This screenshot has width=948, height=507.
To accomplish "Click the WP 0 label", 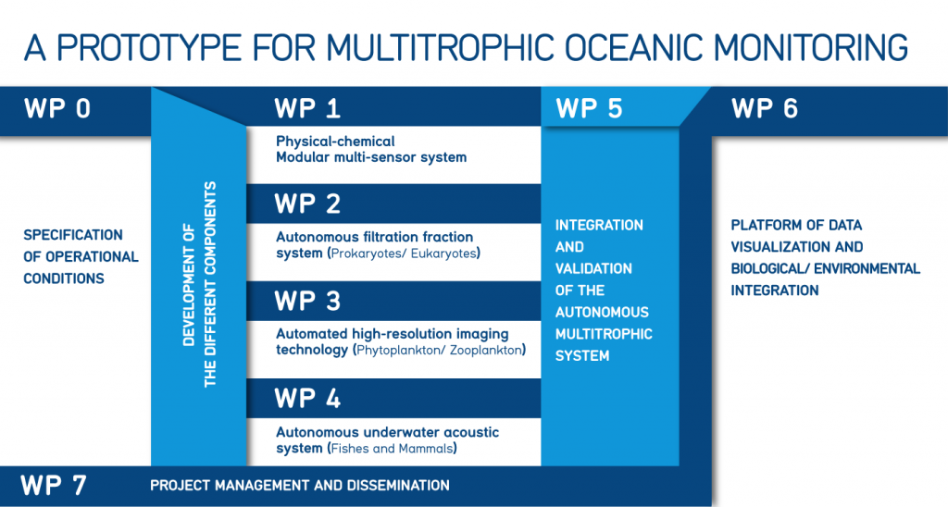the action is [57, 109].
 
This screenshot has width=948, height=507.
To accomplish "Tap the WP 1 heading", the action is [307, 109].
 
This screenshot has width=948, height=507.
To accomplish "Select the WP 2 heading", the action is [307, 204].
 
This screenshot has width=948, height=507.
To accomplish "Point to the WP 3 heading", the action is [307, 301].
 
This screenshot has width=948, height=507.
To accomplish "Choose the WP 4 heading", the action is [307, 398].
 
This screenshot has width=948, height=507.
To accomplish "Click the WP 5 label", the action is [589, 109].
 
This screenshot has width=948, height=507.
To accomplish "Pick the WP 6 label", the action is [764, 109].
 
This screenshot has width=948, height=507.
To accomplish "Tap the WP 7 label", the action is [53, 485].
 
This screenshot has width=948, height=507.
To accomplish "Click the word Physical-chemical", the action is [335, 142].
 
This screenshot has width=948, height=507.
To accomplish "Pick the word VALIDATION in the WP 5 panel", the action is [593, 269].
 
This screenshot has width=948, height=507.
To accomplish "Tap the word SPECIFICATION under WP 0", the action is [73, 235].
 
